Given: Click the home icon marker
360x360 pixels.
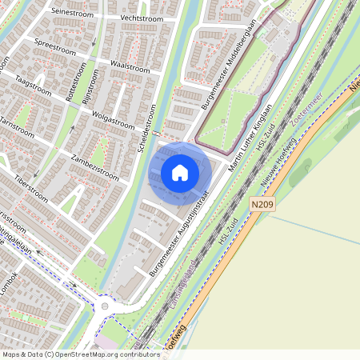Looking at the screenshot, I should tap(180, 172).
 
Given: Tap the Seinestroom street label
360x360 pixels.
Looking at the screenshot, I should tap(72, 12).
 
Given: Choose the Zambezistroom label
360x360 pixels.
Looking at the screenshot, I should tap(94, 166).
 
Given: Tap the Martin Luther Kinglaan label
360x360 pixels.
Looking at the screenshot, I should tap(250, 137).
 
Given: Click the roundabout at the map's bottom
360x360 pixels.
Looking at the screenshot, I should tap(104, 306).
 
